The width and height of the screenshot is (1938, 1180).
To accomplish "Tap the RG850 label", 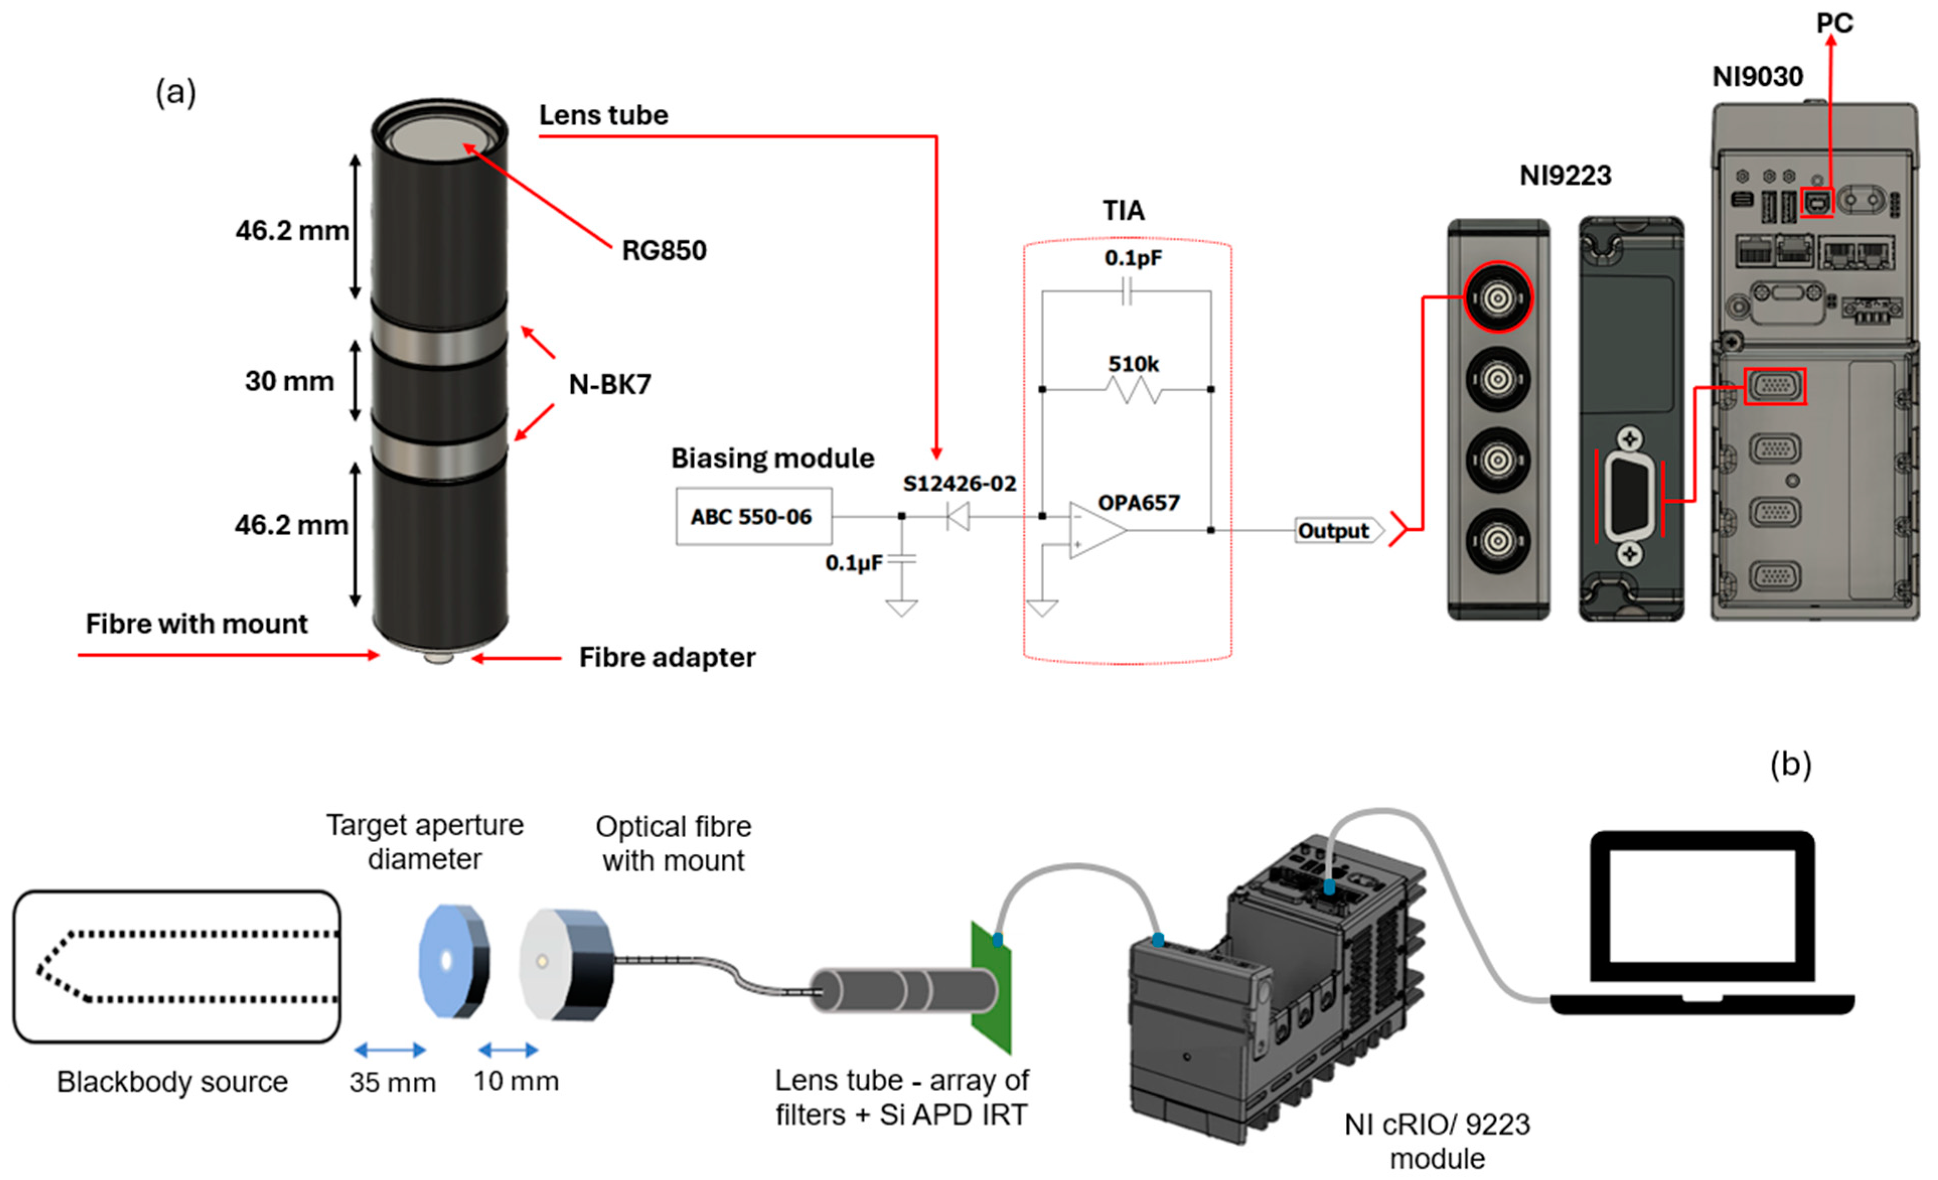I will coord(663,250).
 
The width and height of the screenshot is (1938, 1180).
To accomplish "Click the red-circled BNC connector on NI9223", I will coord(1498,298).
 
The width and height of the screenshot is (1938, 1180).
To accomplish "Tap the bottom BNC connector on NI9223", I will coord(1498,541).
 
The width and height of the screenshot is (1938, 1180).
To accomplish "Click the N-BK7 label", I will coord(609,384).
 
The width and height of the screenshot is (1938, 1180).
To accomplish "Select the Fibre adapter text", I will coord(666,657).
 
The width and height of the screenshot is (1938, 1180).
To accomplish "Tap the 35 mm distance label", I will coord(392,1082).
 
